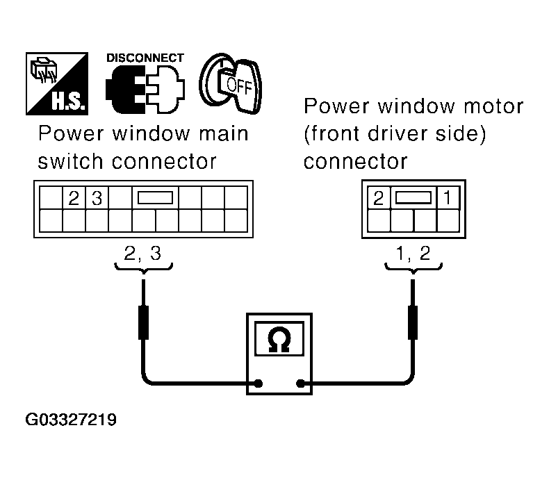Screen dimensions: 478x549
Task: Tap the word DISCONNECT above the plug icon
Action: click(x=145, y=58)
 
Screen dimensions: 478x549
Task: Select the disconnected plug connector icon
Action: click(x=145, y=90)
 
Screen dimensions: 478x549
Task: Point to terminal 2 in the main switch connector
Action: click(x=74, y=198)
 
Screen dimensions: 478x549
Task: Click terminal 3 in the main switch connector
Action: click(x=97, y=198)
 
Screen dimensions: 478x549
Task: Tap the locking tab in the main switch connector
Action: click(x=155, y=198)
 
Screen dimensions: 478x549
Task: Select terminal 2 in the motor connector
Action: click(x=378, y=199)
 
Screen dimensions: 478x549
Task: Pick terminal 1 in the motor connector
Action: click(x=447, y=199)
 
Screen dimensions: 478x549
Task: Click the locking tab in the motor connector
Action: click(x=413, y=198)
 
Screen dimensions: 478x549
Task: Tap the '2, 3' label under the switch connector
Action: click(x=142, y=254)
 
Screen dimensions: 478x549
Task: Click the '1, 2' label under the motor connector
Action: click(x=413, y=254)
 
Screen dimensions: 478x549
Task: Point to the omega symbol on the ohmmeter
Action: click(x=281, y=340)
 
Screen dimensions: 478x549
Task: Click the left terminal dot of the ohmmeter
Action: click(x=259, y=382)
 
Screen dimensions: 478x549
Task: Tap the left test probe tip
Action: click(x=143, y=285)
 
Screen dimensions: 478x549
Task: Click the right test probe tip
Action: click(x=413, y=285)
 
